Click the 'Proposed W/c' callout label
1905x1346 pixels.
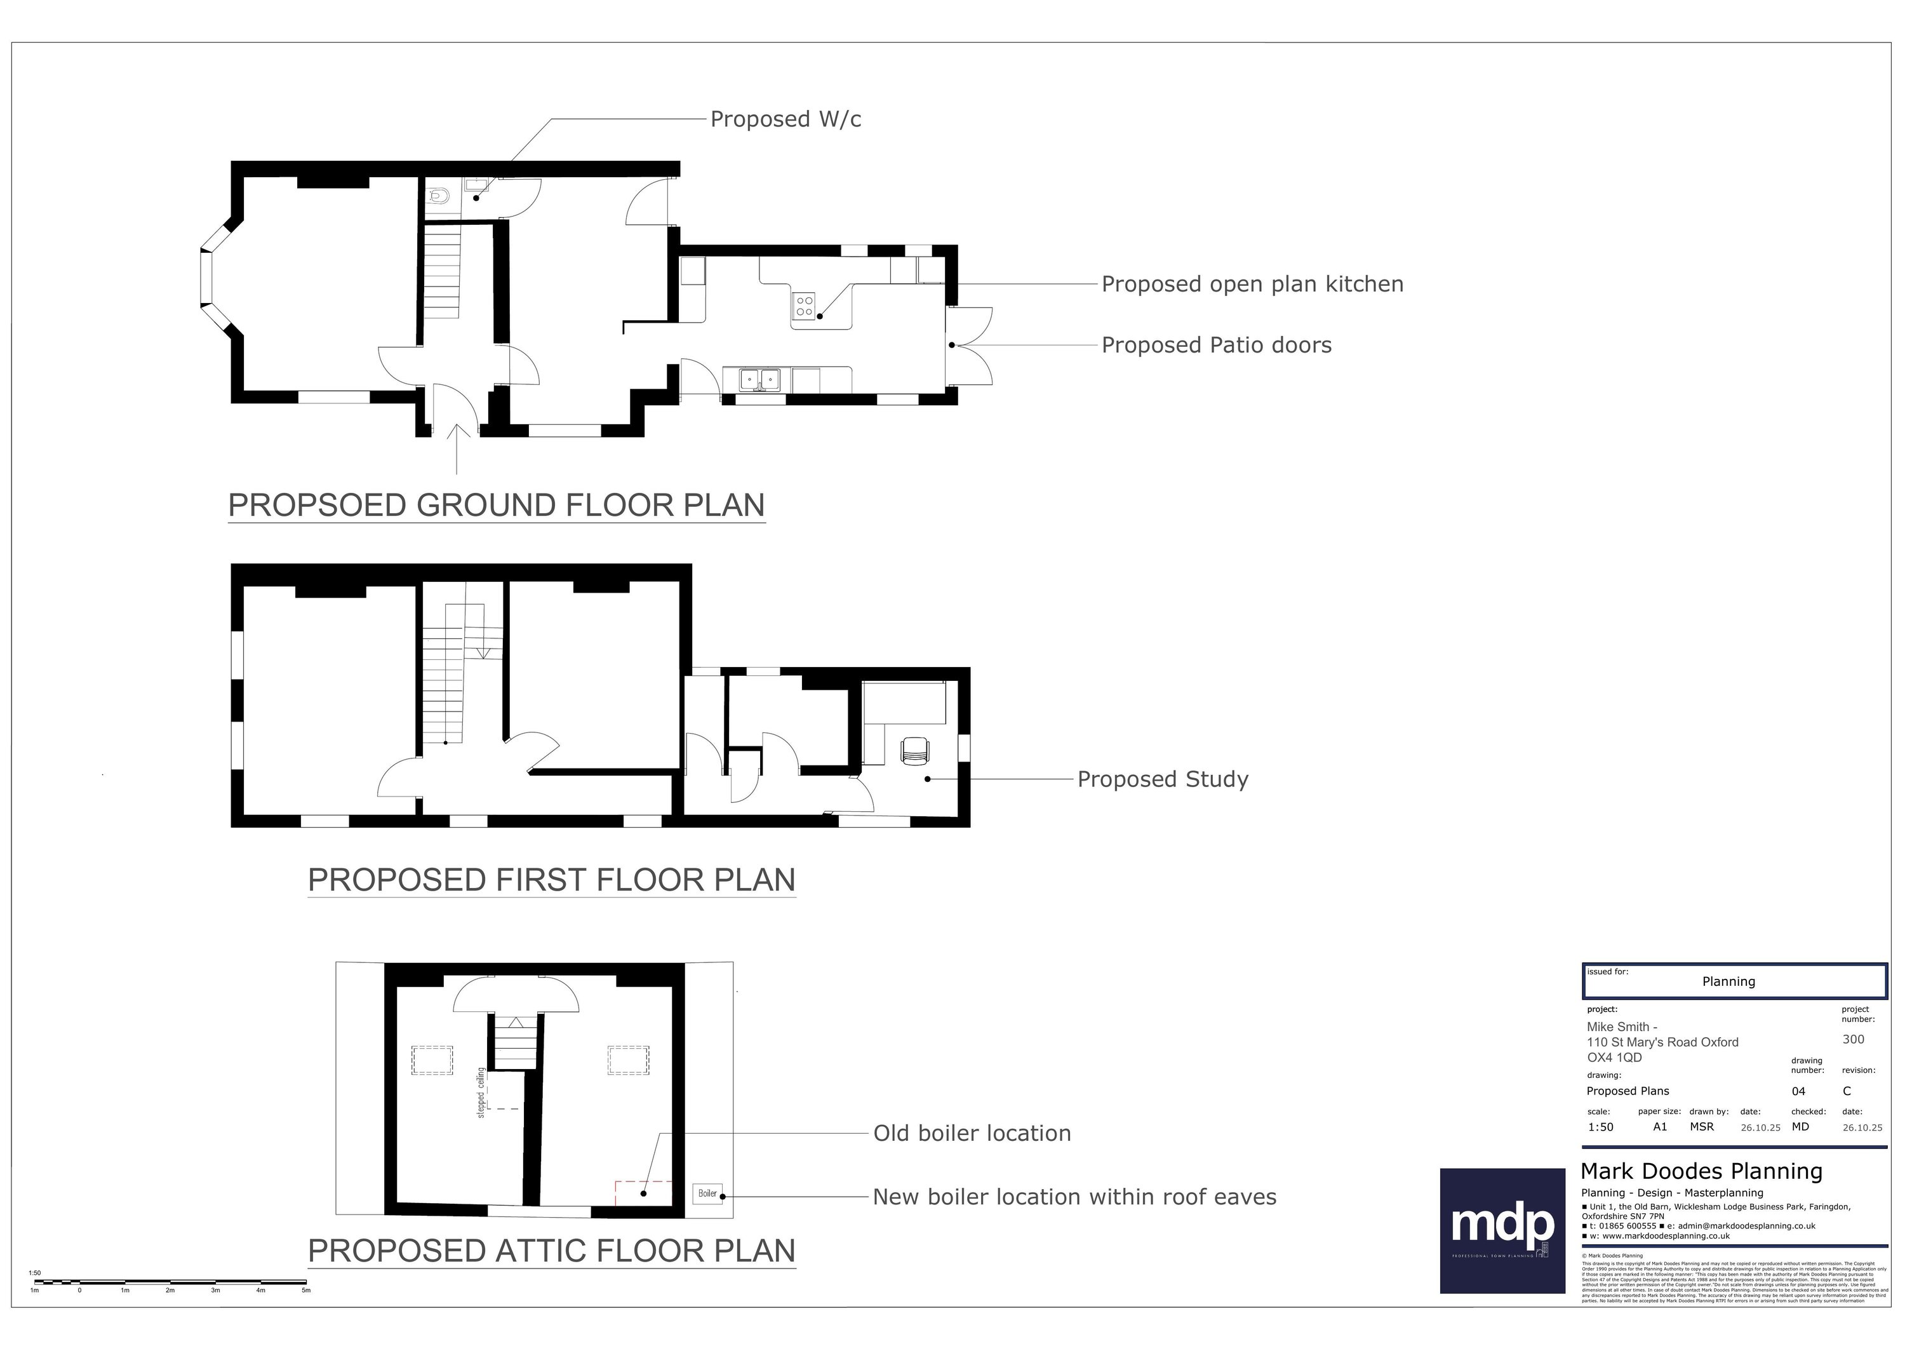(785, 119)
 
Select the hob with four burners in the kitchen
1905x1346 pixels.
(804, 306)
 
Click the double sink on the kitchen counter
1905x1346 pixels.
(760, 379)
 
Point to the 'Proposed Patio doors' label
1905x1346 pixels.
(1215, 345)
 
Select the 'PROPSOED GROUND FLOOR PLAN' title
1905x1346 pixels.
(496, 506)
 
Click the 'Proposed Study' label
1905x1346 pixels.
(1161, 779)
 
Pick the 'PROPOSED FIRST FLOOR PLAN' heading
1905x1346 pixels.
(551, 880)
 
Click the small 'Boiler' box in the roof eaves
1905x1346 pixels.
(707, 1194)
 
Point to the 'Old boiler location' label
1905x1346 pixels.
(972, 1134)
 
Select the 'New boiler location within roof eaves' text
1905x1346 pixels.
(1074, 1197)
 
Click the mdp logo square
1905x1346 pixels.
(1502, 1230)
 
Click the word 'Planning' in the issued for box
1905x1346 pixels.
(1728, 981)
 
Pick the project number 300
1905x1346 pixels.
(1853, 1039)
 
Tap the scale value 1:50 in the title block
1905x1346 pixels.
(1600, 1127)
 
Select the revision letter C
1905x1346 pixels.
(1847, 1091)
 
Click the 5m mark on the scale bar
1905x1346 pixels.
(305, 1289)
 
